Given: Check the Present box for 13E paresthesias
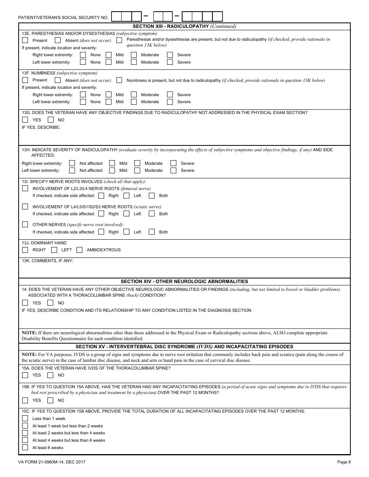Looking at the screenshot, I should click(x=25, y=40).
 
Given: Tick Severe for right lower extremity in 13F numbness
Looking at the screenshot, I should click(x=170, y=95).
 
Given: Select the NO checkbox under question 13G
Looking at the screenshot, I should click(x=50, y=120).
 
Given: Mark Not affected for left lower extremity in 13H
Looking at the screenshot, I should click(x=72, y=170).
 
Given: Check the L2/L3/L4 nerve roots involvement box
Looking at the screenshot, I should click(x=25, y=188).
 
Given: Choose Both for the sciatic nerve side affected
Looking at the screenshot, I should click(x=151, y=214).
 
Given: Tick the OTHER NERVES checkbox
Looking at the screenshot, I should click(x=25, y=225).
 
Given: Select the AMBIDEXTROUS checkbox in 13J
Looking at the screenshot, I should click(x=80, y=250).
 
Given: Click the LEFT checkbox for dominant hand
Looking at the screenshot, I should click(x=54, y=250).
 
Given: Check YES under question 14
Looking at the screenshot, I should click(x=25, y=303).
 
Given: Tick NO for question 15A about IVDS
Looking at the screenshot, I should click(x=50, y=375).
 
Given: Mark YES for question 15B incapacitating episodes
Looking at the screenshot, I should click(x=25, y=400).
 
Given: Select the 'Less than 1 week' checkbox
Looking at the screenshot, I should click(x=25, y=418).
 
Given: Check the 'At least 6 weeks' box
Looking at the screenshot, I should click(x=25, y=448).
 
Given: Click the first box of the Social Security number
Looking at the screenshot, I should click(x=116, y=16).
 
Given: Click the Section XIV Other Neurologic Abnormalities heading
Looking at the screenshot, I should click(x=184, y=282).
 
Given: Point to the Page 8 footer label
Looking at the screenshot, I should click(x=344, y=462).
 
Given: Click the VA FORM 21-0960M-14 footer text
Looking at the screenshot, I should click(x=52, y=462).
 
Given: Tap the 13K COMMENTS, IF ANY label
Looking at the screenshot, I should click(x=48, y=261).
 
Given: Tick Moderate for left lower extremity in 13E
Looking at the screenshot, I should click(x=134, y=62).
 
